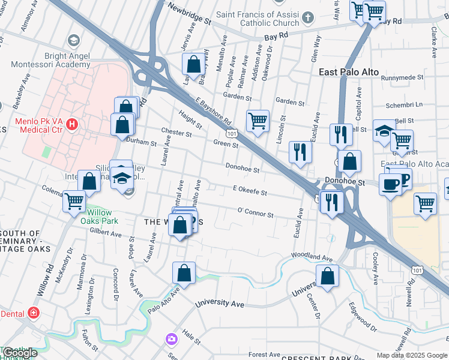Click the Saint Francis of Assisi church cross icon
tap(307, 18)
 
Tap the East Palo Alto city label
tap(349, 72)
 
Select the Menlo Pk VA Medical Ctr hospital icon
tap(72, 125)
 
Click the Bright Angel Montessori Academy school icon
tap(73, 41)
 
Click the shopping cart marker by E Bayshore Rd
tap(258, 121)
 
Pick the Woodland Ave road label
tap(312, 257)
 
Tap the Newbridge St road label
tap(190, 14)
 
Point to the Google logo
tap(19, 353)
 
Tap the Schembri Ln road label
tap(408, 104)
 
